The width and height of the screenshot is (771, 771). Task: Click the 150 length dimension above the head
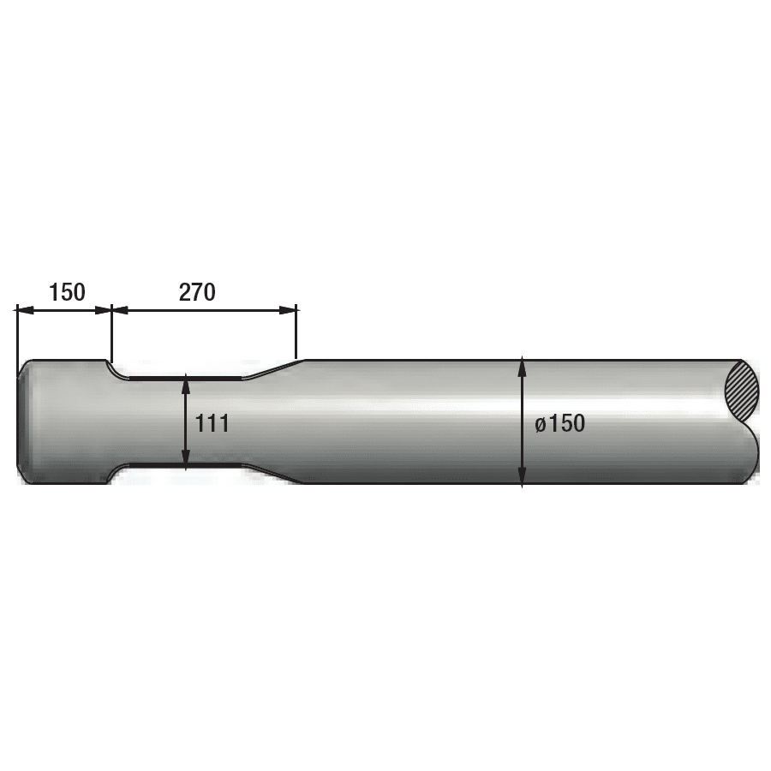(x=67, y=292)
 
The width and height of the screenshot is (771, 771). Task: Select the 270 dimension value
(x=196, y=292)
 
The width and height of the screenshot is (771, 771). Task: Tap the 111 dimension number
(x=212, y=423)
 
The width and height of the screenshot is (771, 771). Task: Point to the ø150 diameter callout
(x=560, y=423)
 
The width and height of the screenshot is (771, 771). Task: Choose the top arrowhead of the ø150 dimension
(x=523, y=367)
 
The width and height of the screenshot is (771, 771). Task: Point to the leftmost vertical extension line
(x=17, y=330)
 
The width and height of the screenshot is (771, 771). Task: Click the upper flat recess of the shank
(x=184, y=377)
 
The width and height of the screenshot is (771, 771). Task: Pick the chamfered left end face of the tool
(x=23, y=422)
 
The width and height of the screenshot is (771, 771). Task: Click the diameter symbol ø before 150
(x=541, y=424)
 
